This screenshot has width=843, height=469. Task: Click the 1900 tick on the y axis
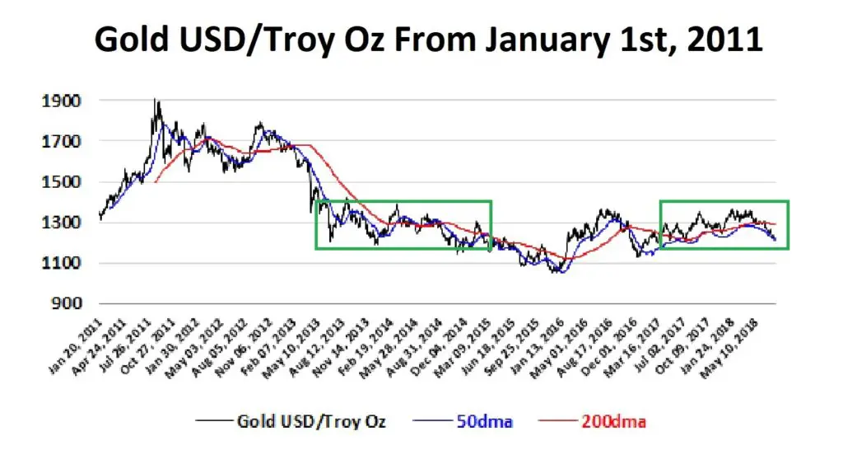[61, 101]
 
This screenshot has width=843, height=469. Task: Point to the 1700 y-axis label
[61, 142]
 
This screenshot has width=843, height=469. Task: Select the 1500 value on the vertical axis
[61, 182]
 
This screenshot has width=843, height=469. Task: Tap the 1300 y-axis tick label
[61, 223]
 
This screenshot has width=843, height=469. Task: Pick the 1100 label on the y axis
[61, 263]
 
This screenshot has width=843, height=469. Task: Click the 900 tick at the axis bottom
[67, 303]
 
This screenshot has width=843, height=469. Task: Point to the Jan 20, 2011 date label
[75, 345]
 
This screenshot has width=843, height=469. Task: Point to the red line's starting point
[156, 182]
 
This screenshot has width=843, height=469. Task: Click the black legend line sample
[213, 420]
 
